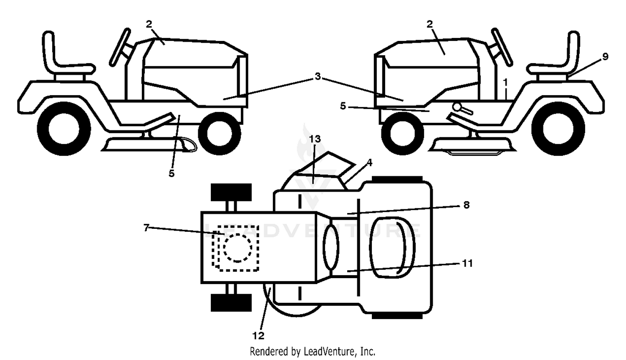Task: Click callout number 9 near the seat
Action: click(605, 57)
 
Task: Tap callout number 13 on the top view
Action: click(315, 139)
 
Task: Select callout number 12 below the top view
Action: click(258, 336)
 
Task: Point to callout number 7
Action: click(146, 228)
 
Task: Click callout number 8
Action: click(467, 205)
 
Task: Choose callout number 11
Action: click(467, 263)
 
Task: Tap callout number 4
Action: click(369, 162)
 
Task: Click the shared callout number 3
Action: click(318, 76)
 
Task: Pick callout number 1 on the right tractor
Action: click(505, 82)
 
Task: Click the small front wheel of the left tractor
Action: click(220, 133)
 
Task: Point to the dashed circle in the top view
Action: click(237, 248)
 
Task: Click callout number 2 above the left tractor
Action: click(149, 24)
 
